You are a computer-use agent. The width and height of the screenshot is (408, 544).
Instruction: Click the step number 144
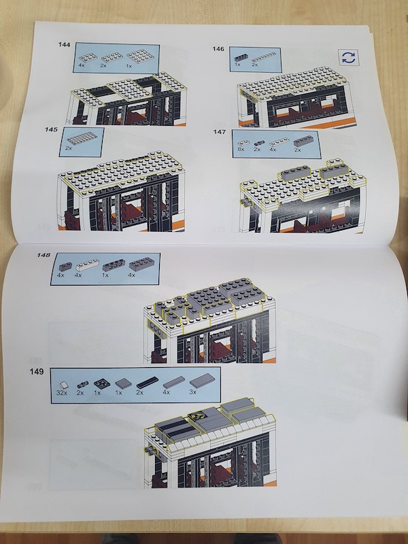(64, 44)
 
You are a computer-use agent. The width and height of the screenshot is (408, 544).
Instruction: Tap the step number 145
(51, 129)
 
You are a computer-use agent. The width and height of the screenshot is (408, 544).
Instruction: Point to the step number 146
(218, 49)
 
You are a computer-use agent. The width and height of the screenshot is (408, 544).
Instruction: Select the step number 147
(220, 132)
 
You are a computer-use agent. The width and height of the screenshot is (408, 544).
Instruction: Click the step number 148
(44, 255)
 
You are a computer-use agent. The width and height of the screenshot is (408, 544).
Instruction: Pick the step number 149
(37, 371)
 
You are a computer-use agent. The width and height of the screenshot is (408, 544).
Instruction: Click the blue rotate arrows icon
(348, 58)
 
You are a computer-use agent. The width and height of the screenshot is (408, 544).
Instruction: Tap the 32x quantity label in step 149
(62, 393)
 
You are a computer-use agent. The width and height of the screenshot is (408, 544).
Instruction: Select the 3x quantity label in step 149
(193, 392)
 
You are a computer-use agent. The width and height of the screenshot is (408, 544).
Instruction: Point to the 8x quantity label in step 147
(241, 149)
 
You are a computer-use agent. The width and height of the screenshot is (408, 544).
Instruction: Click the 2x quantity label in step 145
(69, 148)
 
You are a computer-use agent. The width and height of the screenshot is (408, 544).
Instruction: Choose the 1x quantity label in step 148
(105, 275)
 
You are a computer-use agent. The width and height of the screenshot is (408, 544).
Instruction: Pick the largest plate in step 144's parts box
(139, 56)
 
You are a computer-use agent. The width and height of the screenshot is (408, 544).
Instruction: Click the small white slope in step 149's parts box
(64, 385)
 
